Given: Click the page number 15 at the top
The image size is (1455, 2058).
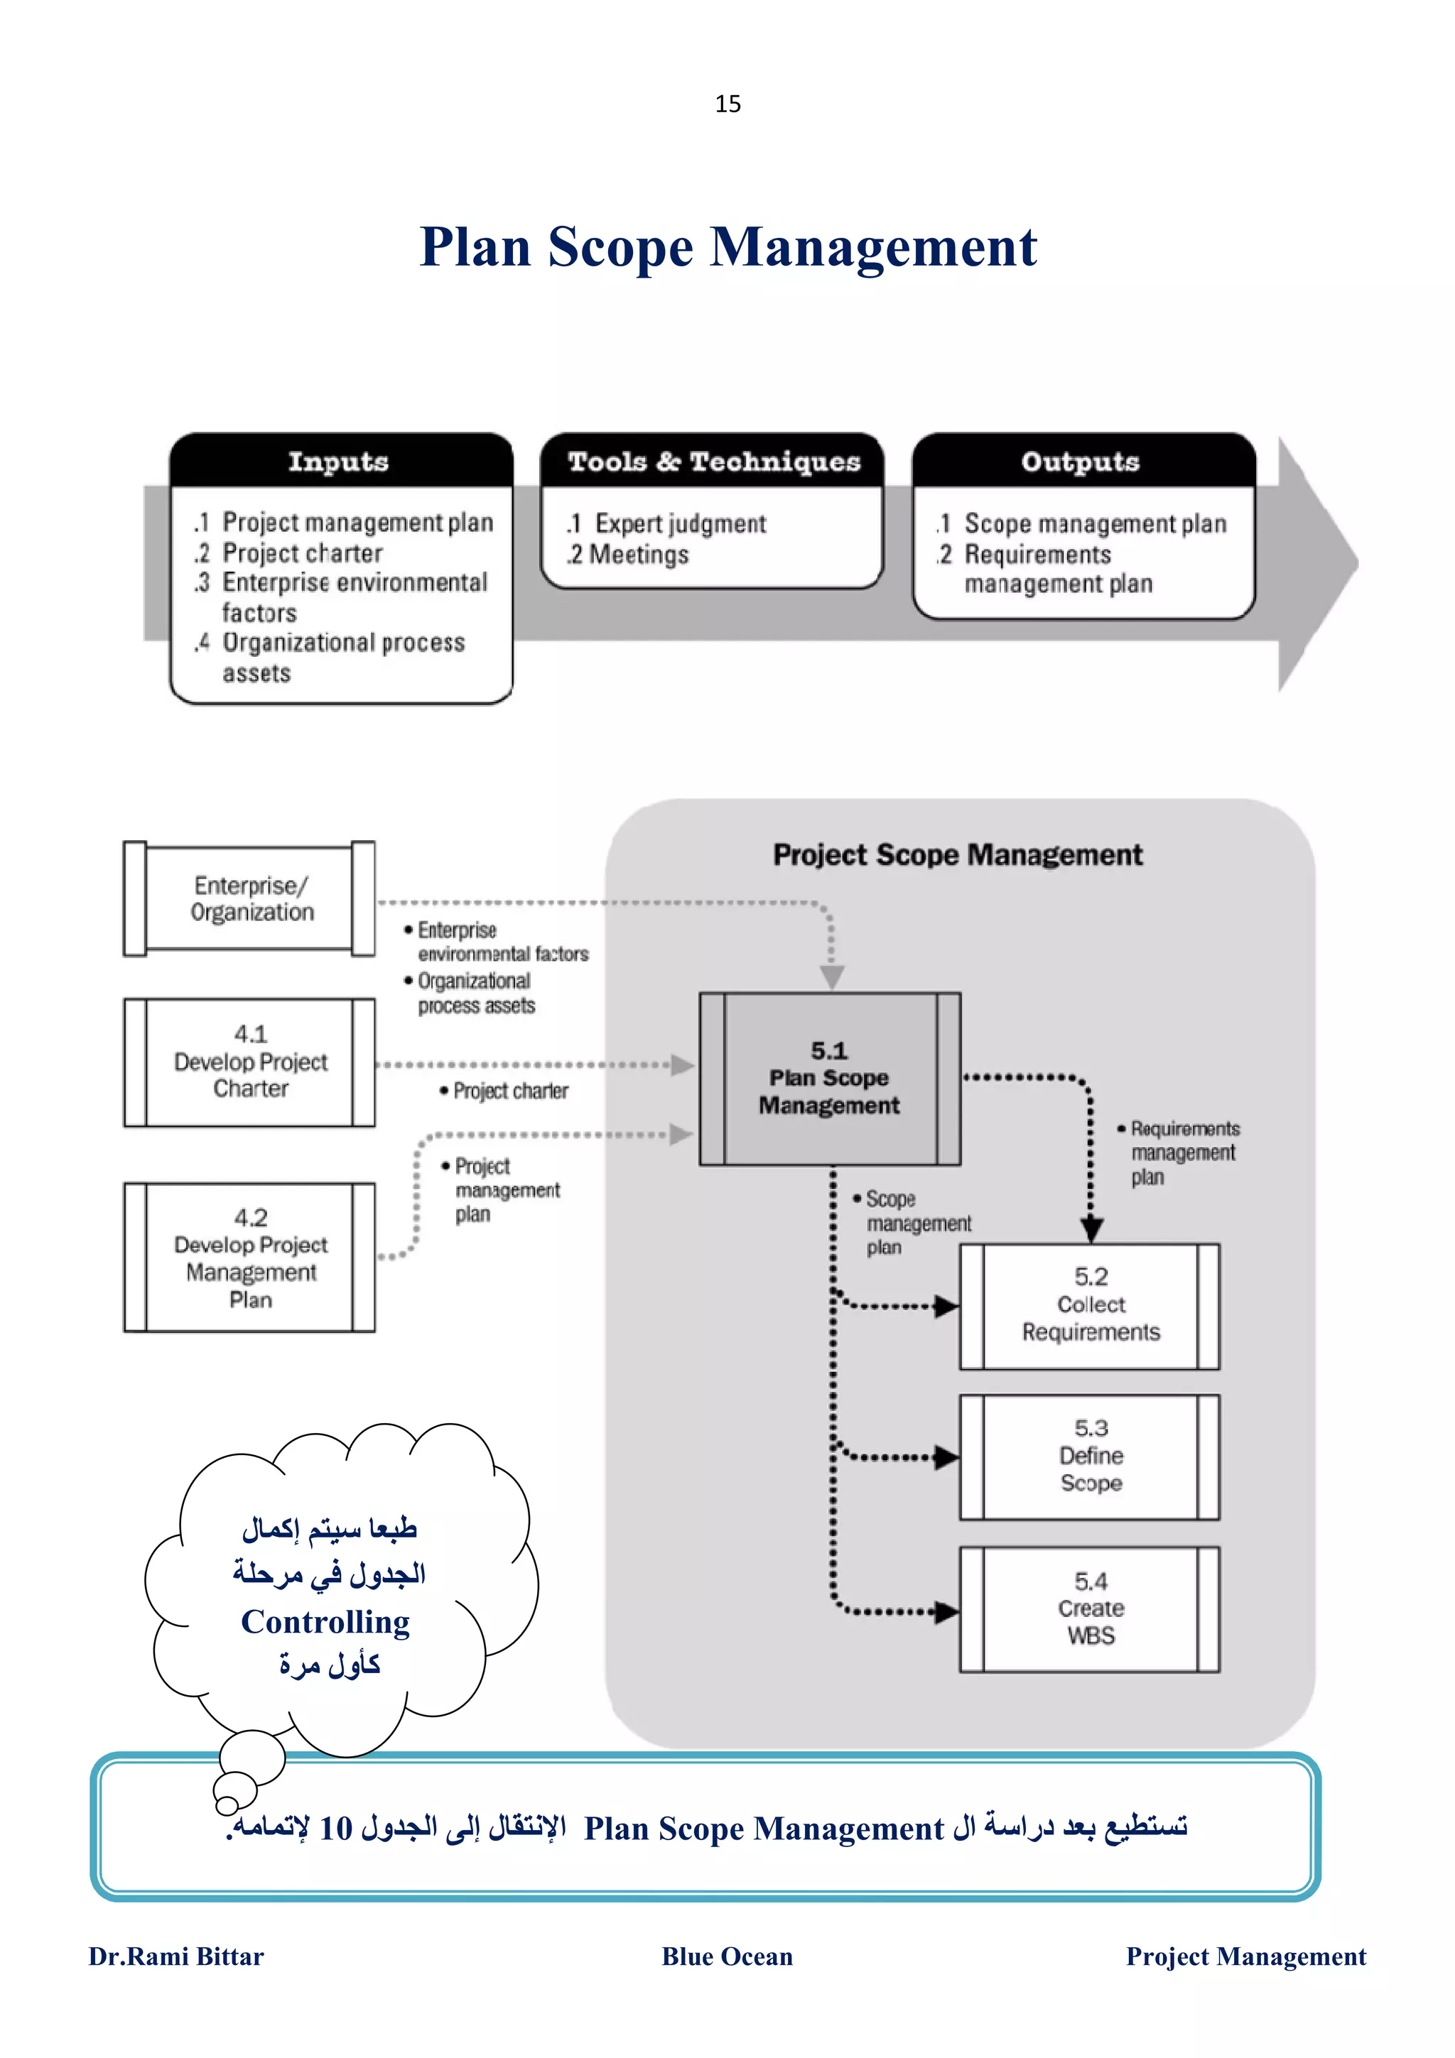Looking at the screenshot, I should tap(727, 104).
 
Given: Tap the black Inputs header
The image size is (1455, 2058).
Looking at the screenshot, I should tap(339, 462).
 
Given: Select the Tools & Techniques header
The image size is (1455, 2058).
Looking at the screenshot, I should tap(713, 462).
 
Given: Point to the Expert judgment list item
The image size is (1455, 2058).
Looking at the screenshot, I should tap(679, 523).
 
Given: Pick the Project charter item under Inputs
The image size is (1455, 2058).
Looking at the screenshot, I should tap(302, 553).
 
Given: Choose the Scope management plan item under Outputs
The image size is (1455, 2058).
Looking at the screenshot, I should tap(1093, 523).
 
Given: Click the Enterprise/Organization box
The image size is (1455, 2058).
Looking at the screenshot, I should tap(251, 898).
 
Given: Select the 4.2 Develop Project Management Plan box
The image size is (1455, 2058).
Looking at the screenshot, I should tap(251, 1258).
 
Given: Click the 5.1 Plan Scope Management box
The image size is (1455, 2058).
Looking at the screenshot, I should tap(829, 1078).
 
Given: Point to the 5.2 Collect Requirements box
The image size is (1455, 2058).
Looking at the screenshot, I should tap(1090, 1305).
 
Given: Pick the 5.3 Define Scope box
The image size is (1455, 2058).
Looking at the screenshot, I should tap(1090, 1456).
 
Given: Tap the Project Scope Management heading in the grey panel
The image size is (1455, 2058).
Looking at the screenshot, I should tap(958, 855).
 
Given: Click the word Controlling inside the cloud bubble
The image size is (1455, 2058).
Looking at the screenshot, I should tap(325, 1621).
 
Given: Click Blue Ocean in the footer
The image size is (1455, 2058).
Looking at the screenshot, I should tap(727, 1956).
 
